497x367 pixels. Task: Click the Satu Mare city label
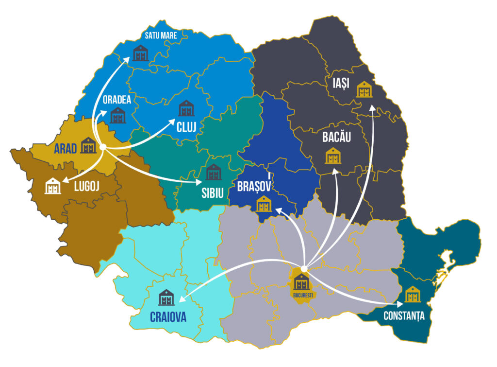[161, 35]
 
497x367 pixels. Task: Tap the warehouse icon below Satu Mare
[140, 53]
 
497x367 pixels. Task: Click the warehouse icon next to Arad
[88, 145]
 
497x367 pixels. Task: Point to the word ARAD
[66, 148]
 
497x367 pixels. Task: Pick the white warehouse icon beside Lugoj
[53, 186]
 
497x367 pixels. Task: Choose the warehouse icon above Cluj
[186, 108]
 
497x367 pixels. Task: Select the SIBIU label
[213, 192]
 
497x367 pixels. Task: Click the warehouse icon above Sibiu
[213, 172]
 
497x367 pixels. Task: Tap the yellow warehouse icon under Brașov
[264, 205]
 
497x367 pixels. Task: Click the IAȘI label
[337, 83]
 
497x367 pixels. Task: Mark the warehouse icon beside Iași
[364, 89]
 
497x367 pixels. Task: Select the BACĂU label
[336, 137]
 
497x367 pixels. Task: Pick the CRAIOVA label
[168, 317]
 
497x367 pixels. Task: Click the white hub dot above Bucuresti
[304, 268]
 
